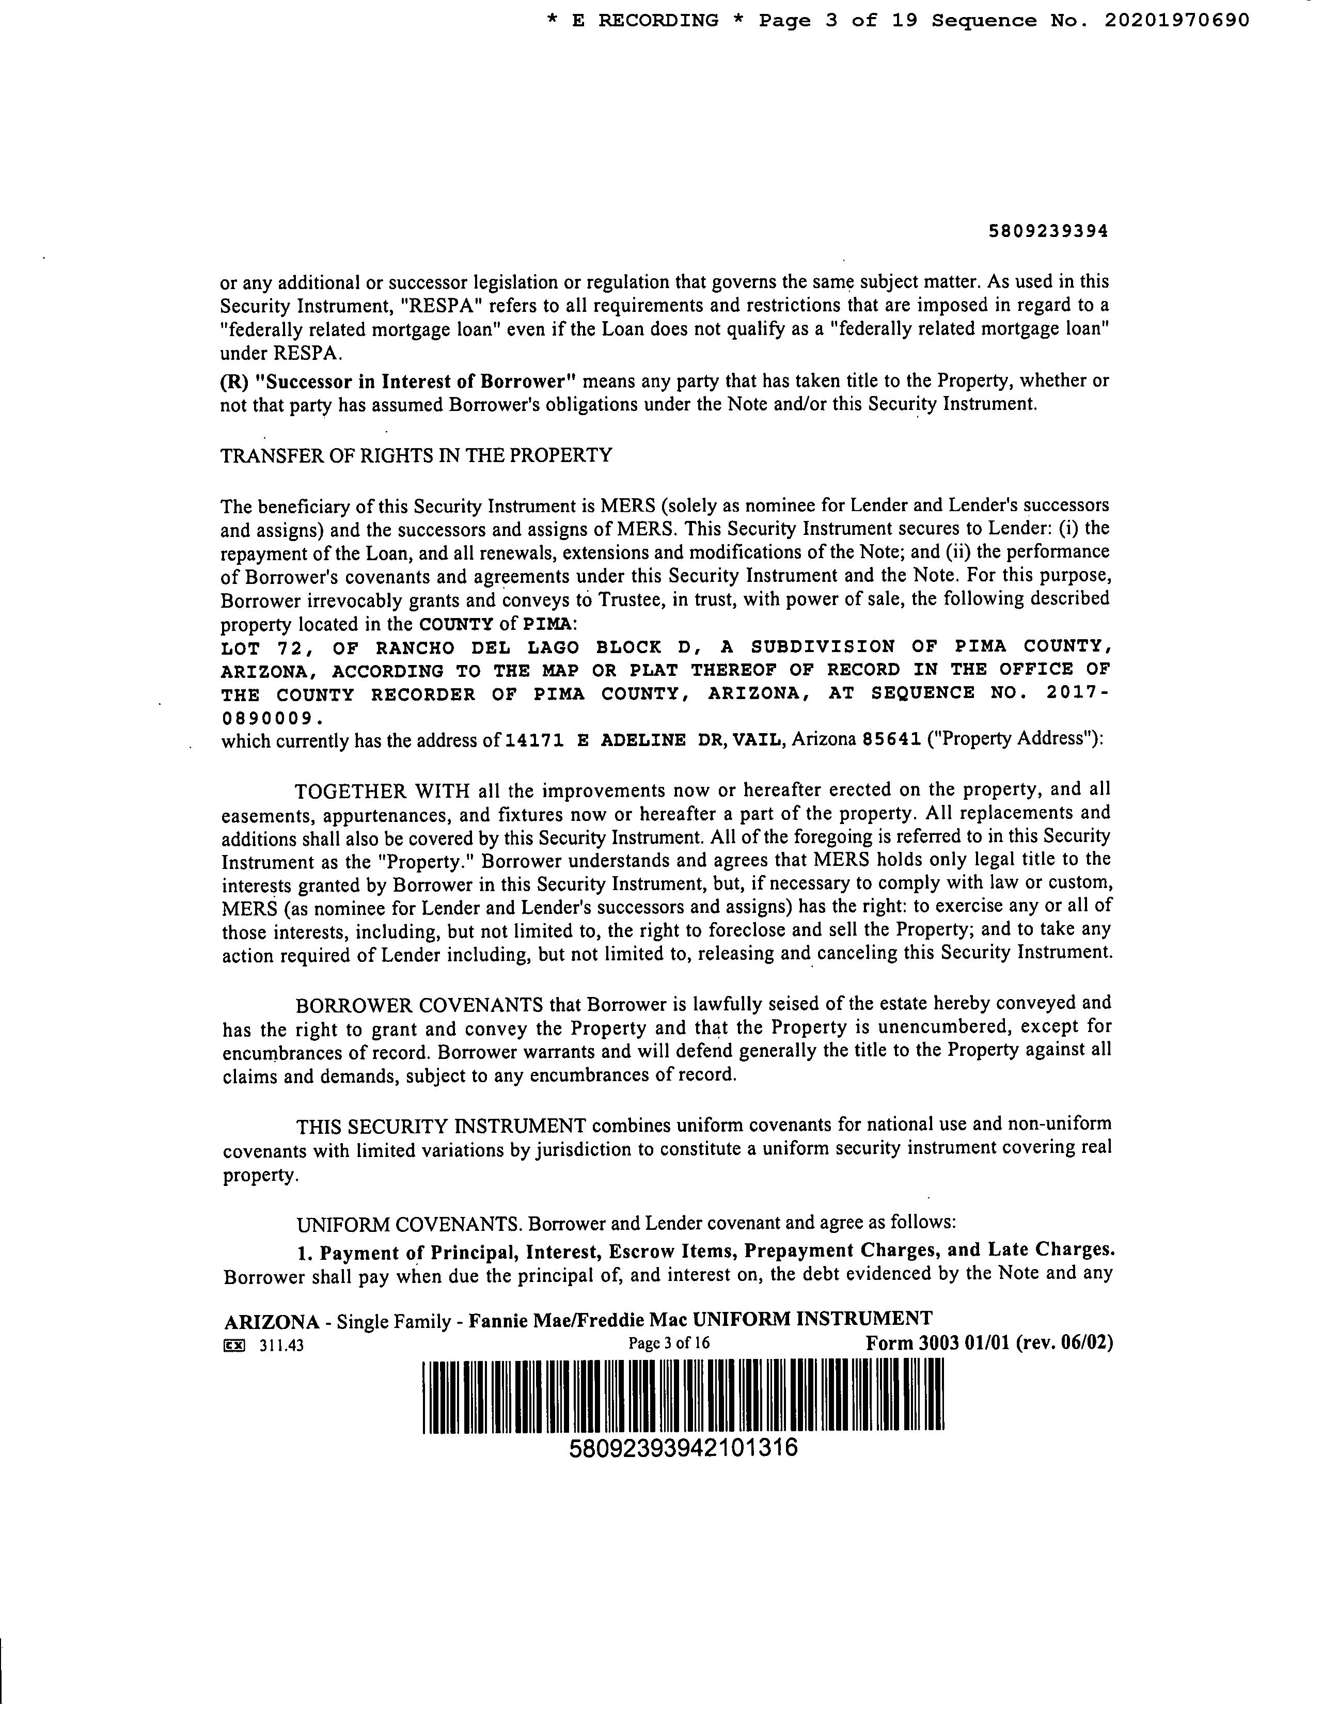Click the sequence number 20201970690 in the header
coord(1176,21)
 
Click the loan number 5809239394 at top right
coord(1049,232)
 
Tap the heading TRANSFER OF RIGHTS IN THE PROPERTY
coord(416,456)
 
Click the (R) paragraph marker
coord(232,382)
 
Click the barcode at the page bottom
coord(683,1397)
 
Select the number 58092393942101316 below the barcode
coord(683,1448)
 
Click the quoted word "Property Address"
coord(1013,740)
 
